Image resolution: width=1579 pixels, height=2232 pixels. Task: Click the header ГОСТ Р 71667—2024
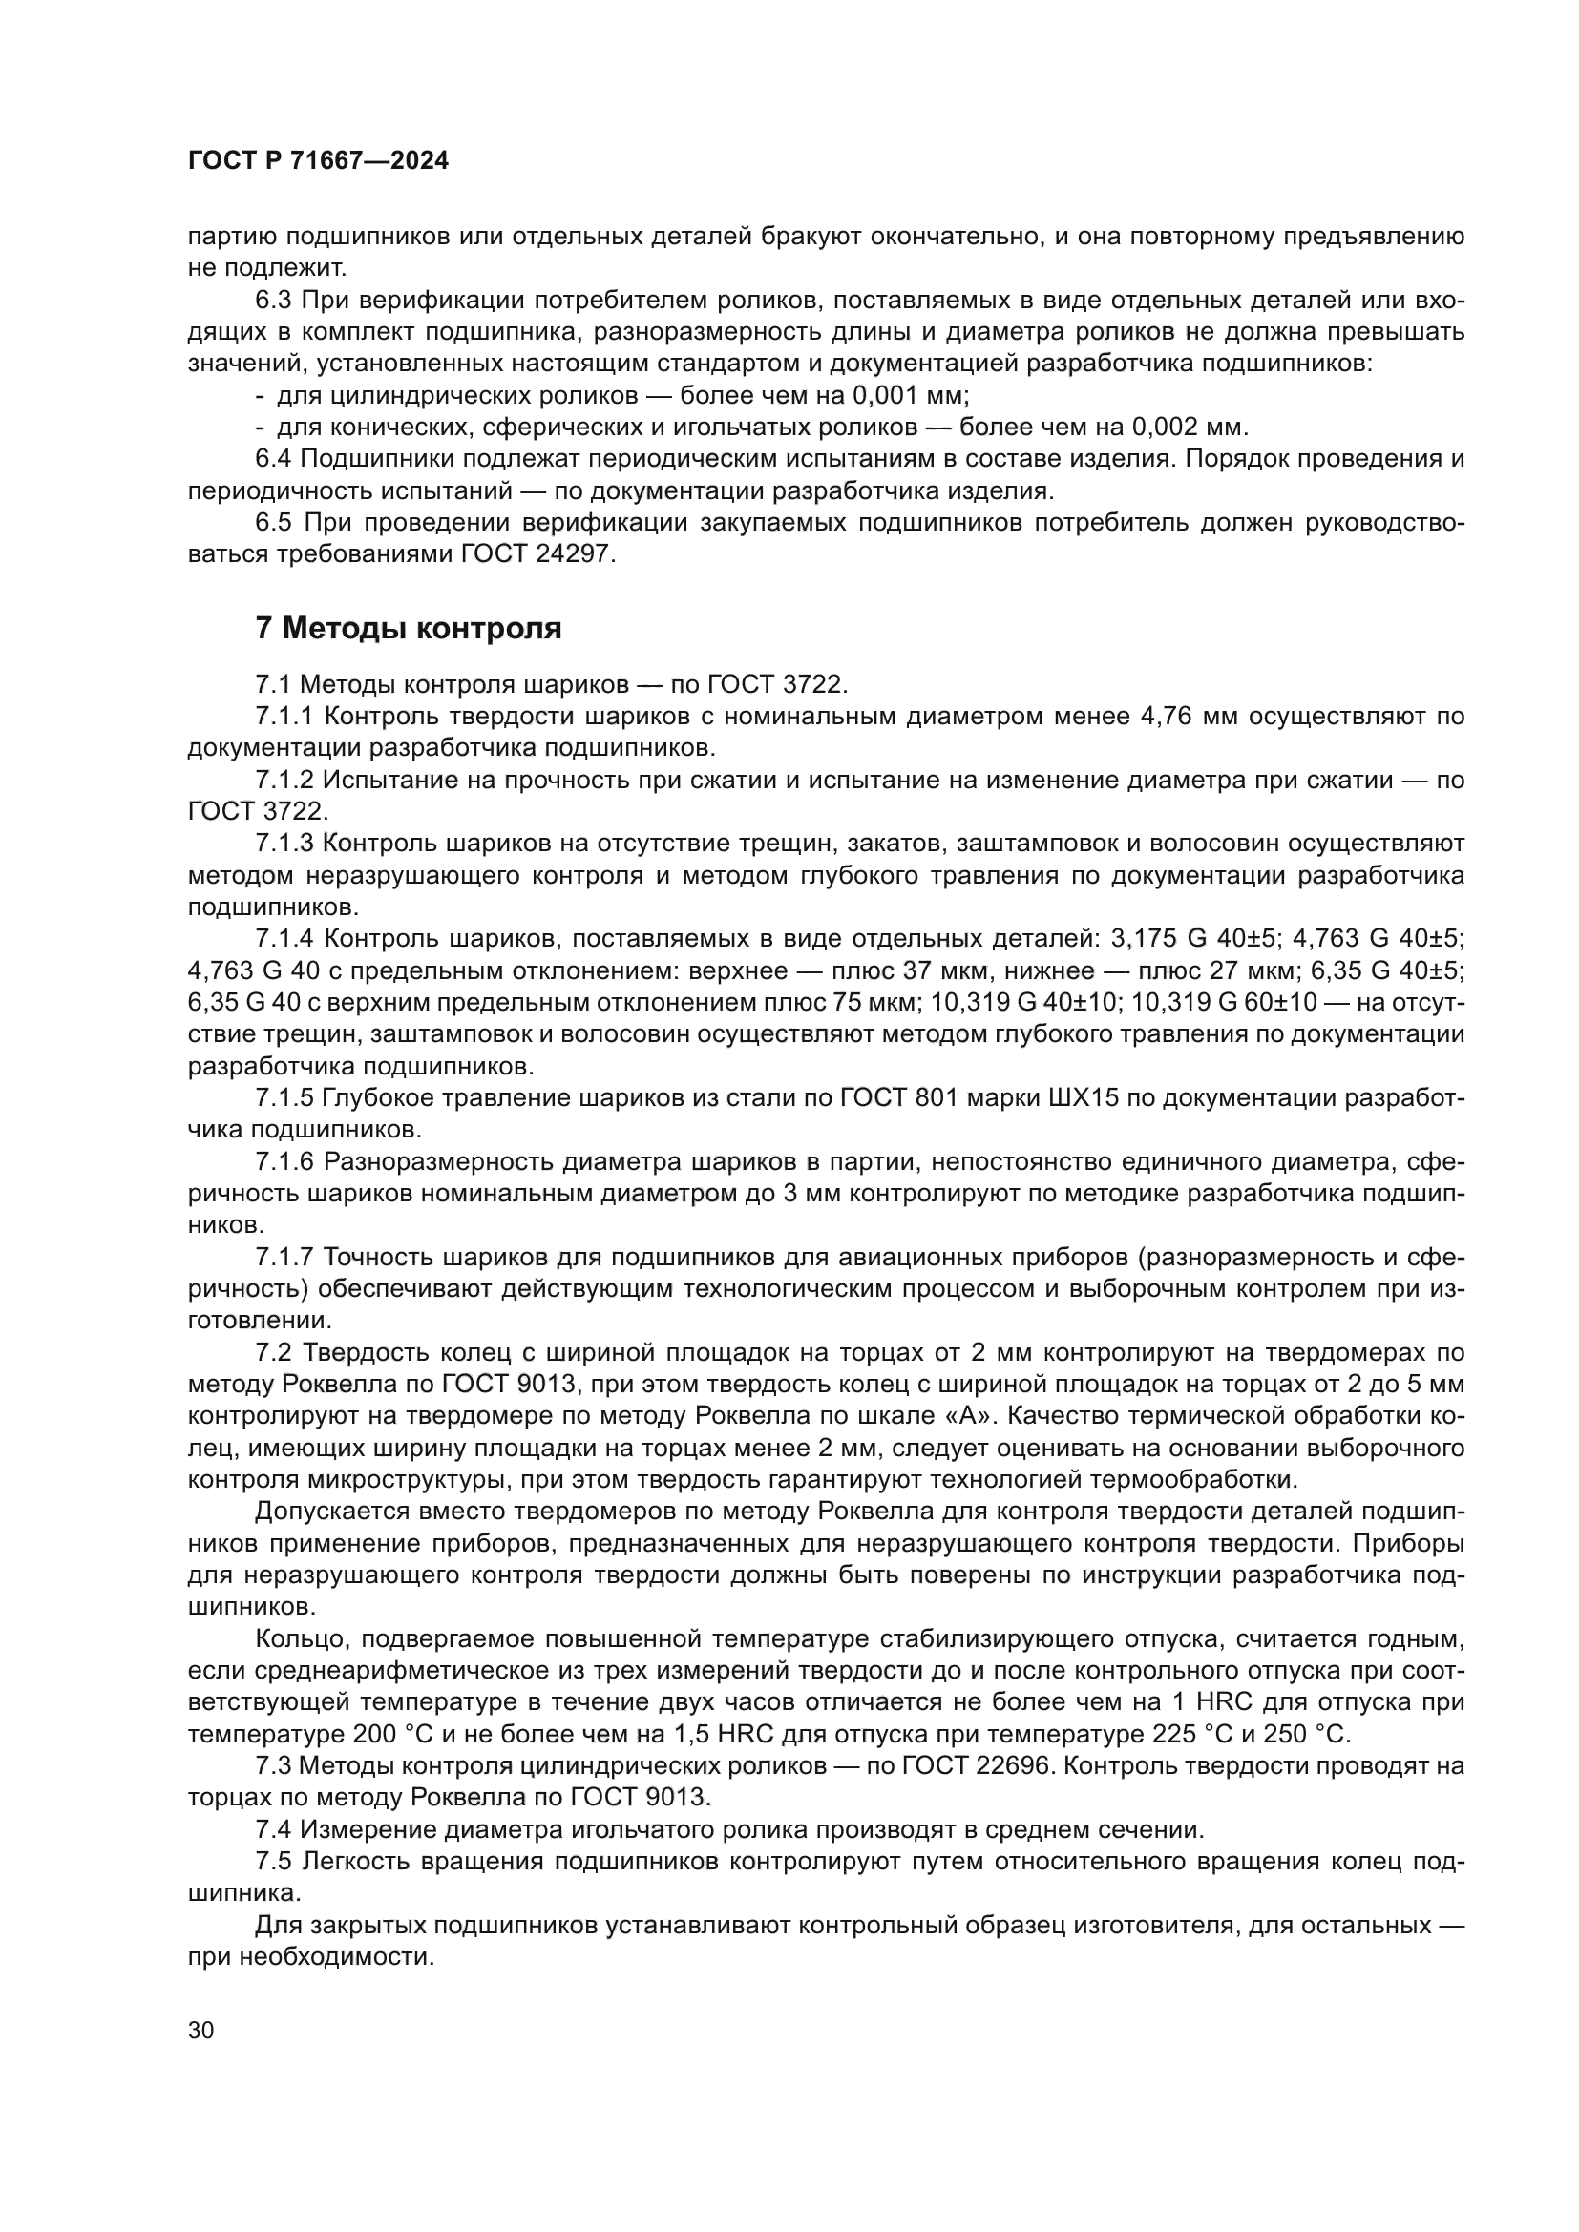pyautogui.click(x=318, y=161)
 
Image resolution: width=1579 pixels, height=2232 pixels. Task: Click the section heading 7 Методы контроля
pyautogui.click(x=409, y=629)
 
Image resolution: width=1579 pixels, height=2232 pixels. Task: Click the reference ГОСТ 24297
pyautogui.click(x=537, y=554)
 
